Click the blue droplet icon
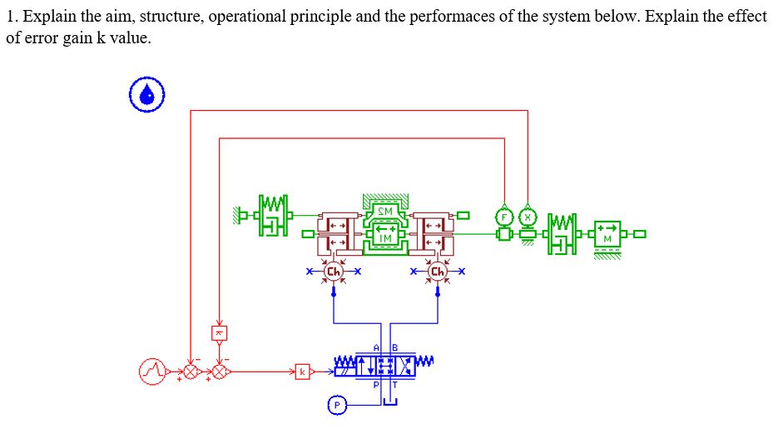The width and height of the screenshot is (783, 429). tap(147, 94)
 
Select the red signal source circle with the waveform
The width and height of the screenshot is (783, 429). tap(153, 369)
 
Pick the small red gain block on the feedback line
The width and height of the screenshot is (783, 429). tap(219, 332)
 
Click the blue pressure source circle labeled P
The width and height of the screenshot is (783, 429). tap(336, 405)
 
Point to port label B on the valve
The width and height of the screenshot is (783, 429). tap(395, 347)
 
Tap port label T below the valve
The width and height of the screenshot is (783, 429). tap(395, 386)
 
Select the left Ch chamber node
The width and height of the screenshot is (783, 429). tap(334, 272)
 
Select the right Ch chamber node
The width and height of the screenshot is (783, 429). tap(439, 272)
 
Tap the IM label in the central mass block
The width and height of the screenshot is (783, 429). tap(384, 238)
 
